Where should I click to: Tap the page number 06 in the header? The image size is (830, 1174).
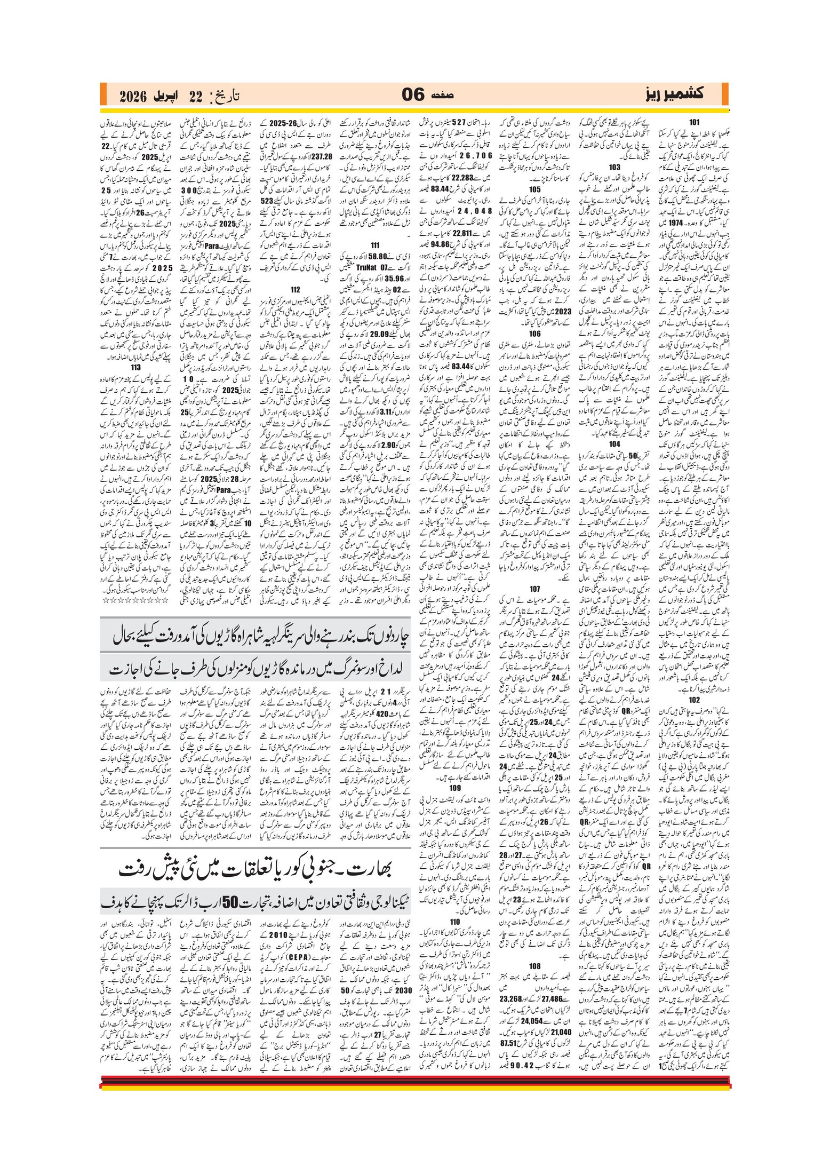(x=413, y=95)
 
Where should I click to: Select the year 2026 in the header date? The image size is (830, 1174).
(x=133, y=97)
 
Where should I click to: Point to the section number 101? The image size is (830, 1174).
(x=694, y=122)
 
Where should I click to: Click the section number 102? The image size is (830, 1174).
(x=694, y=700)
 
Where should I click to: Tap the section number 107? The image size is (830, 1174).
(x=534, y=589)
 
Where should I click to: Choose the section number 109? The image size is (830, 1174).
(x=455, y=787)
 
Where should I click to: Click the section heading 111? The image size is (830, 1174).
(x=375, y=245)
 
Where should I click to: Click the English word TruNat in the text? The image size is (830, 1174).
(x=366, y=267)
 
